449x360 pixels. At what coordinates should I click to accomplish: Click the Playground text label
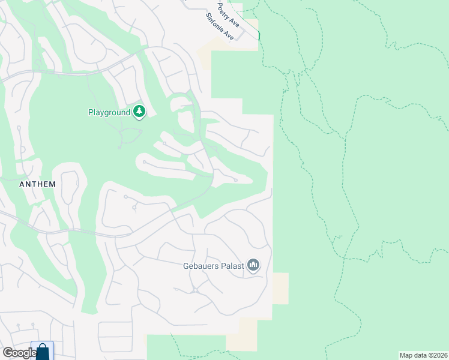pyautogui.click(x=109, y=112)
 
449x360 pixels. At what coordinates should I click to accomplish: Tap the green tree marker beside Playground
pyautogui.click(x=139, y=112)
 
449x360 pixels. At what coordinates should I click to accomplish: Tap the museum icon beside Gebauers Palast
pyautogui.click(x=253, y=265)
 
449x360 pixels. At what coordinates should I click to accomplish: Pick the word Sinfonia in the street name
pyautogui.click(x=214, y=22)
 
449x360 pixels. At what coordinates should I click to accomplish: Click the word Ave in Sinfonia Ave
pyautogui.click(x=229, y=36)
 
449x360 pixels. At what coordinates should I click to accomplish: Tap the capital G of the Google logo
pyautogui.click(x=8, y=353)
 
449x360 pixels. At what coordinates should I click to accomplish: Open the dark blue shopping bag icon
pyautogui.click(x=43, y=352)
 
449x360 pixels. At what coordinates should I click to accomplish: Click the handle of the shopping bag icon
pyautogui.click(x=43, y=347)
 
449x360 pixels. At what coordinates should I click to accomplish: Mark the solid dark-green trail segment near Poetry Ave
pyautogui.click(x=259, y=35)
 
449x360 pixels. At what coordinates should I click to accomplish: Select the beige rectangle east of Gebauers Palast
pyautogui.click(x=280, y=288)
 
